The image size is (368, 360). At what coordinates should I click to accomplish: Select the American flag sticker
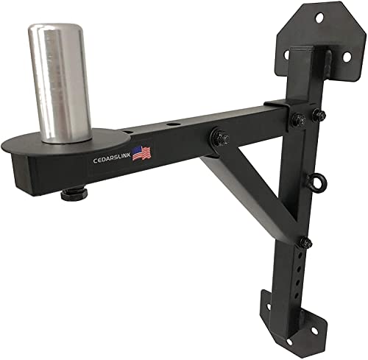[x=142, y=153]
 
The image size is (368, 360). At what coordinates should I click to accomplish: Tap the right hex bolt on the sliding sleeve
[x=319, y=113]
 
